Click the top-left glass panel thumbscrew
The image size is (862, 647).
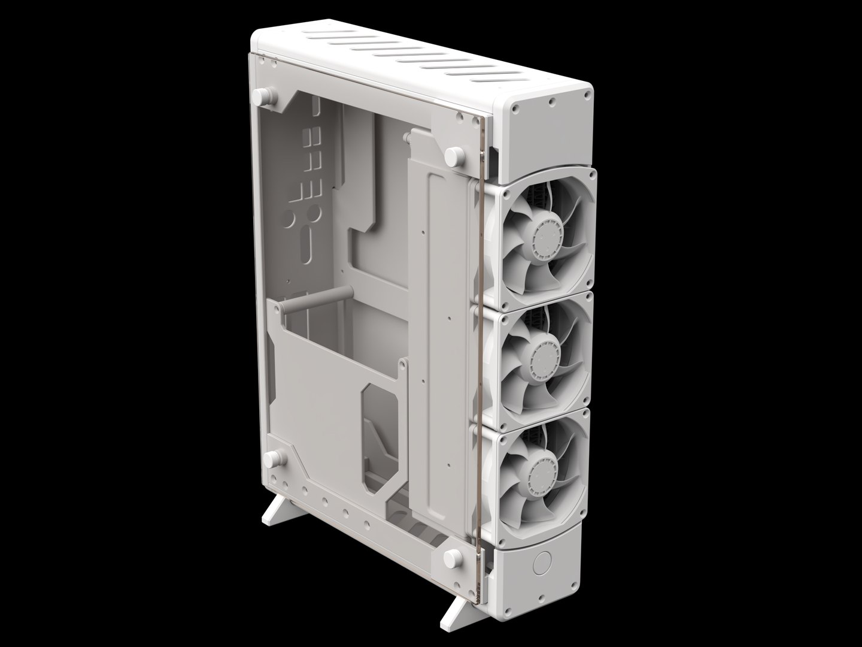coord(268,98)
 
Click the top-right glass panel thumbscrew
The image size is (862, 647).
coord(454,157)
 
